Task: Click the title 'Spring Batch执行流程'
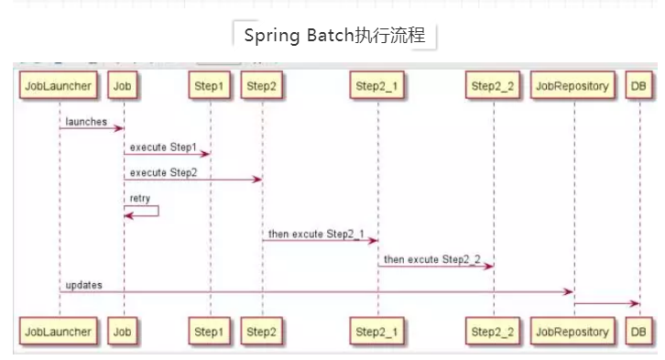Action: point(334,37)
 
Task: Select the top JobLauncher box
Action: point(59,86)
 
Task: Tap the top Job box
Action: point(124,86)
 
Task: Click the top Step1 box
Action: point(209,86)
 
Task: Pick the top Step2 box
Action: point(262,86)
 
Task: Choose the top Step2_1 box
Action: point(377,86)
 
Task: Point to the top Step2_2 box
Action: point(493,86)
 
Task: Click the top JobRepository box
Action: point(572,86)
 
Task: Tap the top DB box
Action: point(639,86)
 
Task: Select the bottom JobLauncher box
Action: point(59,331)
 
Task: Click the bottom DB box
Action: point(639,331)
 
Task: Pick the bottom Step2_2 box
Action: point(493,331)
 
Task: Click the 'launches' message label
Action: point(86,121)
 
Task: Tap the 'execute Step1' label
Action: point(163,147)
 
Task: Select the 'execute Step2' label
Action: point(163,172)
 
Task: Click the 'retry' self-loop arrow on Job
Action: point(147,211)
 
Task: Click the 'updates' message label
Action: point(84,285)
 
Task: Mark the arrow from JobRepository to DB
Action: point(606,302)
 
